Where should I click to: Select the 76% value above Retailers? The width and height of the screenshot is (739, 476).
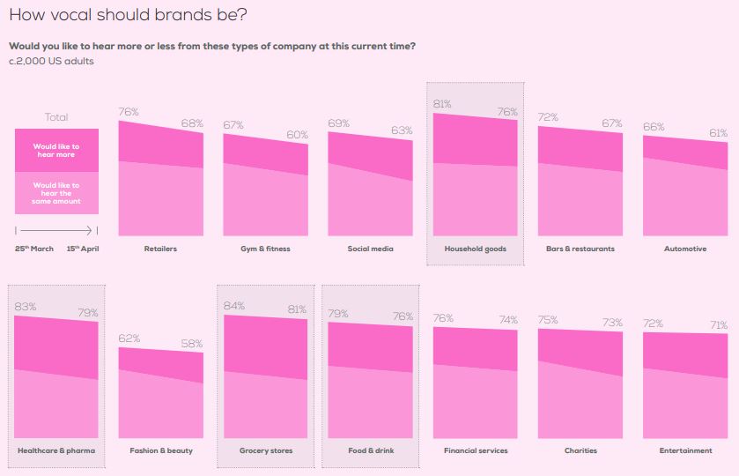[x=129, y=112]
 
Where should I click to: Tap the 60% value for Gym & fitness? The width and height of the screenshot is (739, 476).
[x=298, y=135]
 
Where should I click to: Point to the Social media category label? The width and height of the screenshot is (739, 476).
[x=370, y=249]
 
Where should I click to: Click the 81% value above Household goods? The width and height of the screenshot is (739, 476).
[x=442, y=104]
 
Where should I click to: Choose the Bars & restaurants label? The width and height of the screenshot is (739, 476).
[x=580, y=249]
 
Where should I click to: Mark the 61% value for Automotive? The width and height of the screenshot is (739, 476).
[x=718, y=133]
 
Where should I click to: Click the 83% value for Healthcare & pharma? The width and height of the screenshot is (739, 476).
[x=25, y=307]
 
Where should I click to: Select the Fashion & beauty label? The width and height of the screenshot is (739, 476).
[x=161, y=450]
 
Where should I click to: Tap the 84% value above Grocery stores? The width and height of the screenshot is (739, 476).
[x=234, y=306]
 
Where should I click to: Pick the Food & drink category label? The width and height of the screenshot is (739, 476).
[x=370, y=450]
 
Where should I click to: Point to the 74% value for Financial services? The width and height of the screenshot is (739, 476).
[x=508, y=320]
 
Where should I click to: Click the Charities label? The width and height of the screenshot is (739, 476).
[x=580, y=450]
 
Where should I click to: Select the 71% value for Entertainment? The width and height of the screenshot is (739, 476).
[x=718, y=325]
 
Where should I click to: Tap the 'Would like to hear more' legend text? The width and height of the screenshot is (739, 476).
[x=56, y=150]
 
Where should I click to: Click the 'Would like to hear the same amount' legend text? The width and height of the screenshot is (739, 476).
[x=56, y=193]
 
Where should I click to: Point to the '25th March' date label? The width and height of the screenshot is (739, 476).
[x=34, y=249]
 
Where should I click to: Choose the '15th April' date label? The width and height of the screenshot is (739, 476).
[x=83, y=249]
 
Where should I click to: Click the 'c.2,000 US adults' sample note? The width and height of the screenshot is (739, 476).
[x=51, y=61]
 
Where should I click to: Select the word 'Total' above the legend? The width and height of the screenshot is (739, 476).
[x=56, y=117]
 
